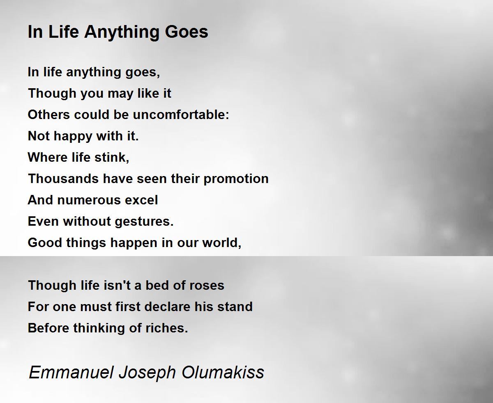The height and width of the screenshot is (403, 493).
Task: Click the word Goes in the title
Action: [x=186, y=32]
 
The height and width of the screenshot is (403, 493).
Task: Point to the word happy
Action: [x=73, y=137]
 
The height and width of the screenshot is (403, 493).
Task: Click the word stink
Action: [x=112, y=157]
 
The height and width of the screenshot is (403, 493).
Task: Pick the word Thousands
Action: [x=63, y=179]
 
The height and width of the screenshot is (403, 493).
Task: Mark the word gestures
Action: [x=144, y=222]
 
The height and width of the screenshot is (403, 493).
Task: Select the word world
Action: [x=221, y=243]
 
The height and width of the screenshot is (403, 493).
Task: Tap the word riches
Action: [x=167, y=328]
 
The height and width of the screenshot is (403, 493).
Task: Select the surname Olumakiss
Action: [x=223, y=372]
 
